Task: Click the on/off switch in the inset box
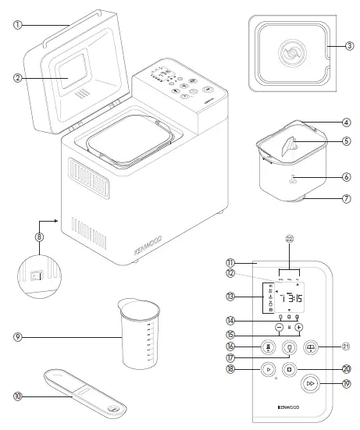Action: (x=34, y=274)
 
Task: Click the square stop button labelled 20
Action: (x=289, y=368)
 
